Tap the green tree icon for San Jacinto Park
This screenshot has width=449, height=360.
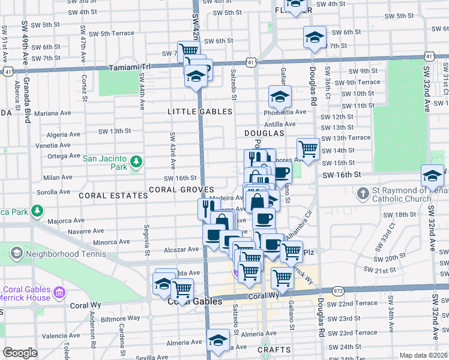[137, 161]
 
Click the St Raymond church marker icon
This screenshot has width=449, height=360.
[363, 193]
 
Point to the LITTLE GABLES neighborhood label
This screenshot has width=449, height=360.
[200, 112]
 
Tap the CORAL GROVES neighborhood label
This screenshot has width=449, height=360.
[181, 190]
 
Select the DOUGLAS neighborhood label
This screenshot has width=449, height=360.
[264, 133]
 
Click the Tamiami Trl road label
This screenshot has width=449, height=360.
[128, 68]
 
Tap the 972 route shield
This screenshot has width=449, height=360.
[339, 290]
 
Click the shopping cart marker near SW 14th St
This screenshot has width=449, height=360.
[309, 148]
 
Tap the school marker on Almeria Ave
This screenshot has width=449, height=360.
[218, 340]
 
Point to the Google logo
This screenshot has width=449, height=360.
[20, 353]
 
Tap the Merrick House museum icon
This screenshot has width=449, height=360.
[59, 293]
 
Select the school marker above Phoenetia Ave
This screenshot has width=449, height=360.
[280, 96]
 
